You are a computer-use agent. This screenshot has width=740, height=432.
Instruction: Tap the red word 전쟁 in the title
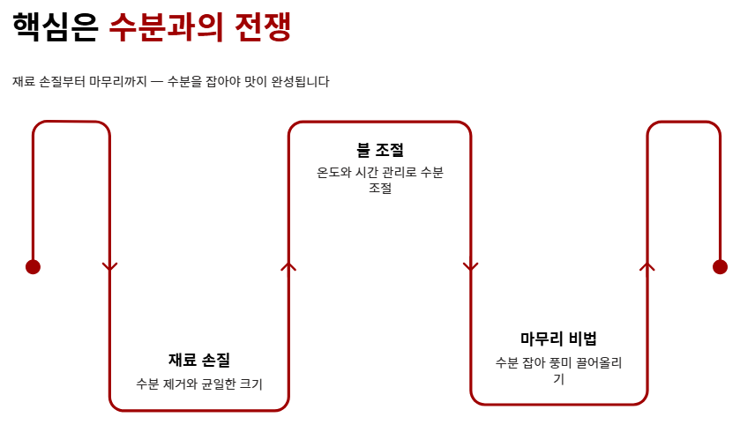point(263,26)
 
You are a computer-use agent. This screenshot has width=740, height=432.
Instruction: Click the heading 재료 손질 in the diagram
point(199,360)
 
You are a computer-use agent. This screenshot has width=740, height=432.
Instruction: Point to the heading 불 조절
point(380,150)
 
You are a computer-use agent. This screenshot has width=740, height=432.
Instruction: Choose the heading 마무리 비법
point(558,339)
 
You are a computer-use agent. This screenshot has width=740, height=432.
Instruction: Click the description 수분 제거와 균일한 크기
point(199,384)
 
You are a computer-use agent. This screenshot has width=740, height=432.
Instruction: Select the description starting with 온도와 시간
point(380,180)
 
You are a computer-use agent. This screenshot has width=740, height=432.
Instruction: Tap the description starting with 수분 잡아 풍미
point(558,371)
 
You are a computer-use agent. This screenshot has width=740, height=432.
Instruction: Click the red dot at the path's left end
point(33,267)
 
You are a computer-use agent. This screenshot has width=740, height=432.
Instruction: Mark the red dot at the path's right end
point(720,267)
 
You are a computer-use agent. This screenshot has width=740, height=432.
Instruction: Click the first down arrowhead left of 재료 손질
point(110,266)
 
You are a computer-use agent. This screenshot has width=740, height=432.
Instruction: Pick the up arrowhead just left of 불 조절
point(288,265)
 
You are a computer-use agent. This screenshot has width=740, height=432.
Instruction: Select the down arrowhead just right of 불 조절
point(470,266)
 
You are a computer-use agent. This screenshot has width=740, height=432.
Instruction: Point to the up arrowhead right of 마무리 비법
point(647,265)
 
